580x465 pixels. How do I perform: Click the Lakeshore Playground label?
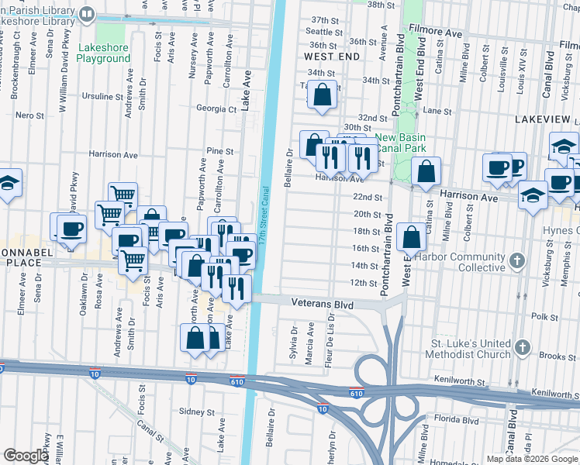tap(104, 53)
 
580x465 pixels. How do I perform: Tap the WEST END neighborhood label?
tap(332, 57)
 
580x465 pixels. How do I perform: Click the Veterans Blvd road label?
tap(322, 305)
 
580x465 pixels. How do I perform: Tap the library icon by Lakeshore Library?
tap(88, 13)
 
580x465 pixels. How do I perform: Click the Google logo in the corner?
tap(25, 456)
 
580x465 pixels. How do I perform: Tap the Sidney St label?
tap(196, 412)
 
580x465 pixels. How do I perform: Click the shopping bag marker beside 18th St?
tap(411, 237)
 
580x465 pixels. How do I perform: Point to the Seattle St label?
tap(324, 32)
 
